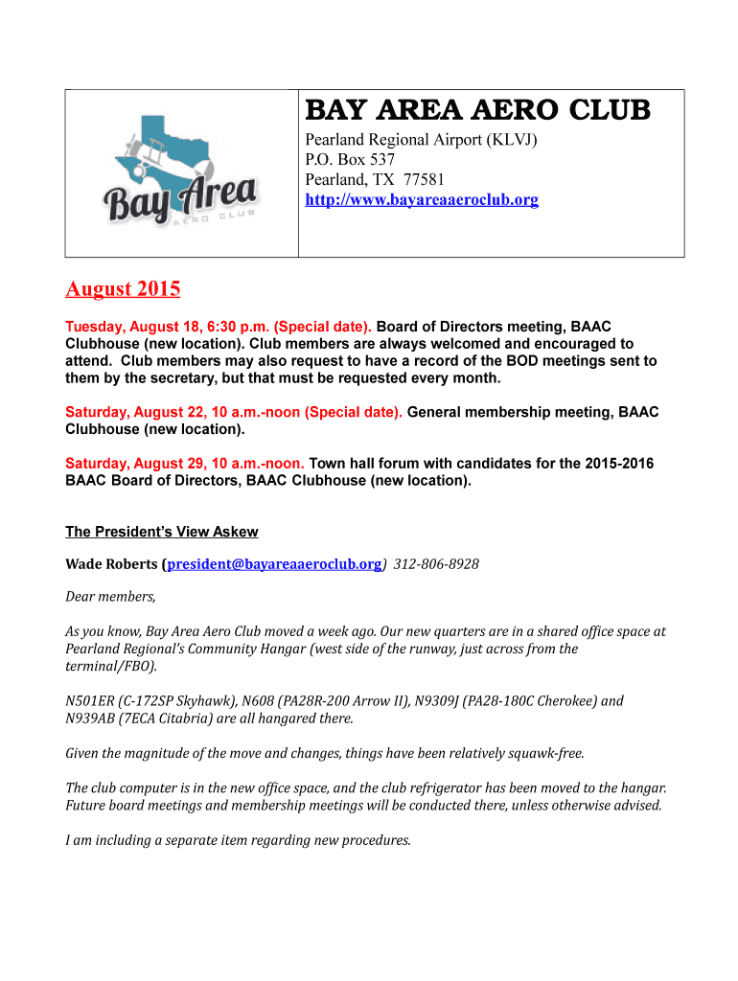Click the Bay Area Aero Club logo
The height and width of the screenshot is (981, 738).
(181, 174)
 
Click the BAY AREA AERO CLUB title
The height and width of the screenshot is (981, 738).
(477, 111)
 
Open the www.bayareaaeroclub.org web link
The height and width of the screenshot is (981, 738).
(422, 200)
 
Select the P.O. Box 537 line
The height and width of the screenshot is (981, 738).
(350, 160)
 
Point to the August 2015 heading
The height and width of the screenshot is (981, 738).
(123, 288)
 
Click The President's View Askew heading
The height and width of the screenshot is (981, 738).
(161, 532)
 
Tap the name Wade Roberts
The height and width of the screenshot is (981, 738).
(111, 564)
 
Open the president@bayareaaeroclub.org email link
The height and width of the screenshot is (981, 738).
(274, 564)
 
